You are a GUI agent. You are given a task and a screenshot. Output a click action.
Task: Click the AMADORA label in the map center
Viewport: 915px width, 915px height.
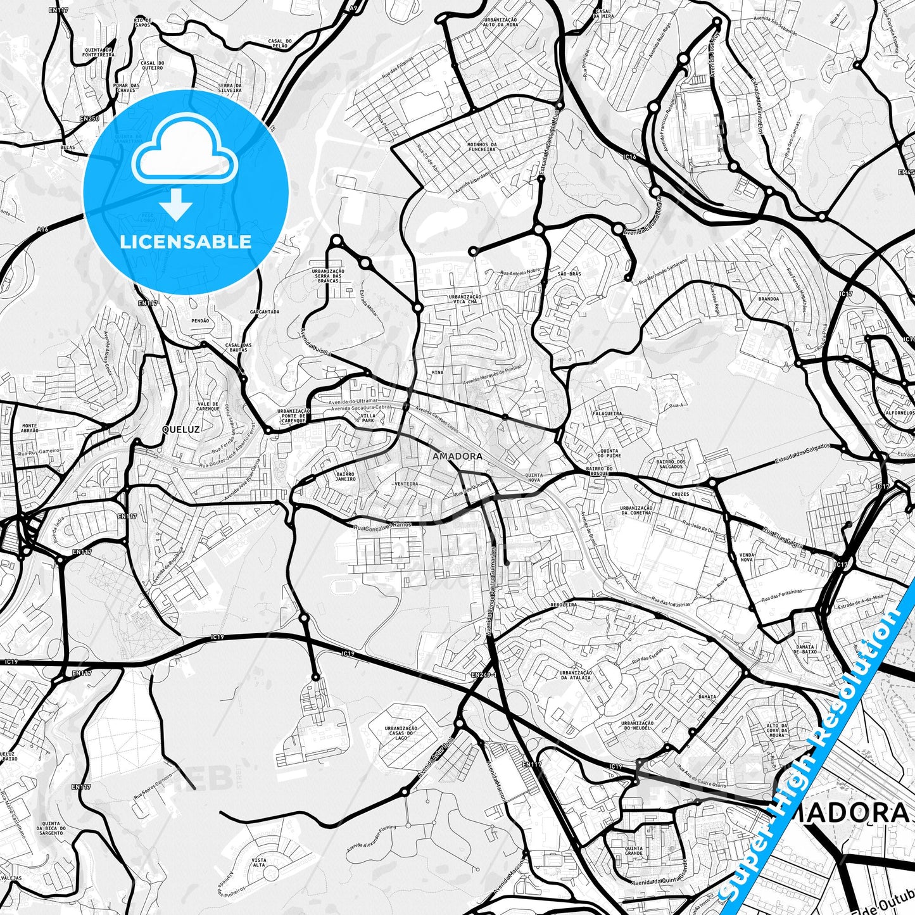coord(457,456)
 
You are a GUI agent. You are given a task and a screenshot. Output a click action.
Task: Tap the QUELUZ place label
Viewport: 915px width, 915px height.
coord(180,429)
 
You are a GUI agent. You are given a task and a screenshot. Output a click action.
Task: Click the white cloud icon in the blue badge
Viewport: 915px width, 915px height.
coord(184,155)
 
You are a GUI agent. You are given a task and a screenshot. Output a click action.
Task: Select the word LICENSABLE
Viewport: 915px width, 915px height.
coord(186,242)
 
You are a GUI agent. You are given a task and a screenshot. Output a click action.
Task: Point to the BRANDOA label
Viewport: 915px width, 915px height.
coord(768,298)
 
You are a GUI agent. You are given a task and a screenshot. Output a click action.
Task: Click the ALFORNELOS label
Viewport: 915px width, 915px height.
coord(900,412)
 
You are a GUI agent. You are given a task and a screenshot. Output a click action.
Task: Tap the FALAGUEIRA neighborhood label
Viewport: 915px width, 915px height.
coord(607,413)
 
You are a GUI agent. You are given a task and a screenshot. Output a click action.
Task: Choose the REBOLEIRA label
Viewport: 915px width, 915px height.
coord(563,605)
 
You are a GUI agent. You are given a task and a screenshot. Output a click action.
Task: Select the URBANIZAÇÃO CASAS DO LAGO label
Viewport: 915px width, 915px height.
coord(400,733)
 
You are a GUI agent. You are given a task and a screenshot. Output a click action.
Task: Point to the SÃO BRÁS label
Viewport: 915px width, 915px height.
coord(569,274)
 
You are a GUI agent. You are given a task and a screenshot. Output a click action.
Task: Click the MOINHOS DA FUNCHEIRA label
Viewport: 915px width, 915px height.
coord(481,147)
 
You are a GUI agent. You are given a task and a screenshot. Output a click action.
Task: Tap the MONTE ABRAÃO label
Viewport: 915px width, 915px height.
coord(30,428)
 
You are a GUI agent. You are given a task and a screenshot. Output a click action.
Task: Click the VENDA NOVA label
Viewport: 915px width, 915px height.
coord(747,557)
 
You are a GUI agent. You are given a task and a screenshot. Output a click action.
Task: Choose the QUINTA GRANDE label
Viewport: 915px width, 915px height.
coord(633,851)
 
